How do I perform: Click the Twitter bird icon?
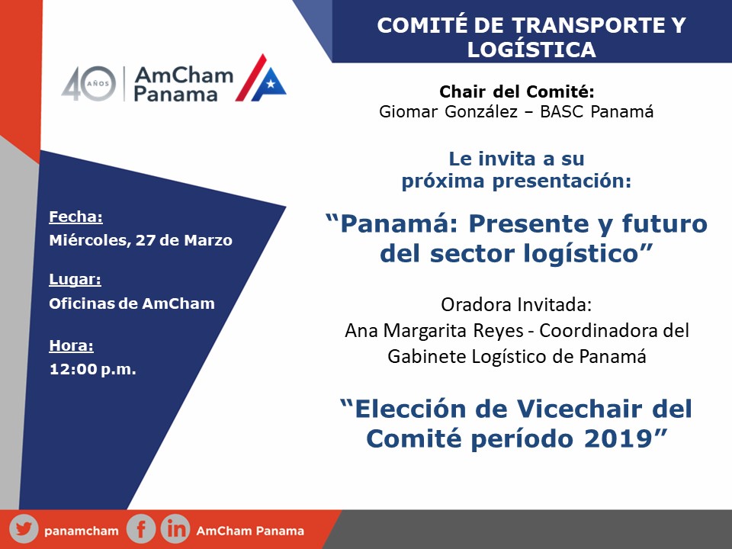coord(24,529)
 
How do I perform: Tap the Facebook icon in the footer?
coord(140,529)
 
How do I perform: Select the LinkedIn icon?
coord(175,529)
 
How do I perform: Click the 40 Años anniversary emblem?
coord(88,84)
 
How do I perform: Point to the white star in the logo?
coord(270,84)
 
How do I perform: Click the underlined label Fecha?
coord(75,217)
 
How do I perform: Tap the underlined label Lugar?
coord(75,279)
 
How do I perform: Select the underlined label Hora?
coord(72,345)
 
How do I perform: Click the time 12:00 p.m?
coord(92,369)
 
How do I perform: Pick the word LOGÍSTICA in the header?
coord(531,50)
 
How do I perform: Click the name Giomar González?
coord(448,111)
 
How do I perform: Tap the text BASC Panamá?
coord(596,111)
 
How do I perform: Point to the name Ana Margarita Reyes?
coord(434,331)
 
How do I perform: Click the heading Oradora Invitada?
coord(516,305)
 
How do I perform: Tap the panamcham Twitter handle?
coord(82,531)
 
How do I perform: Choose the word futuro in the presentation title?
coord(665,223)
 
